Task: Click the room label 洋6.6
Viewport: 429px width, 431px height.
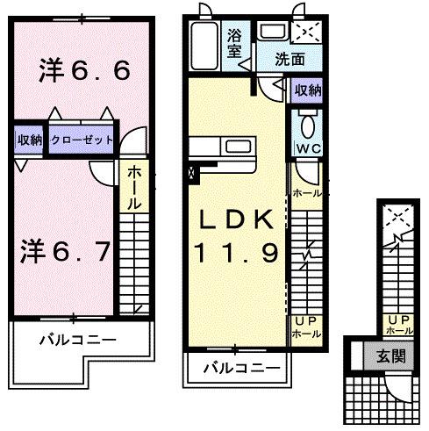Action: coord(83,71)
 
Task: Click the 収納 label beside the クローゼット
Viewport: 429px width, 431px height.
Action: coord(27,139)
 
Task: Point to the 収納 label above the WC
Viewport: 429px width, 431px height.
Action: coord(307,90)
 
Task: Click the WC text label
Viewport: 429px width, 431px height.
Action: coord(306,148)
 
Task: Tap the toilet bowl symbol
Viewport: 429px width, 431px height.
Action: coord(306,122)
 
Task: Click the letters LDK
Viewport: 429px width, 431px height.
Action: coord(236,219)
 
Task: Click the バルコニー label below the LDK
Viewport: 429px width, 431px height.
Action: coord(236,368)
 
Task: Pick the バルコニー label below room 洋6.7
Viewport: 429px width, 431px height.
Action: coord(77,337)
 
